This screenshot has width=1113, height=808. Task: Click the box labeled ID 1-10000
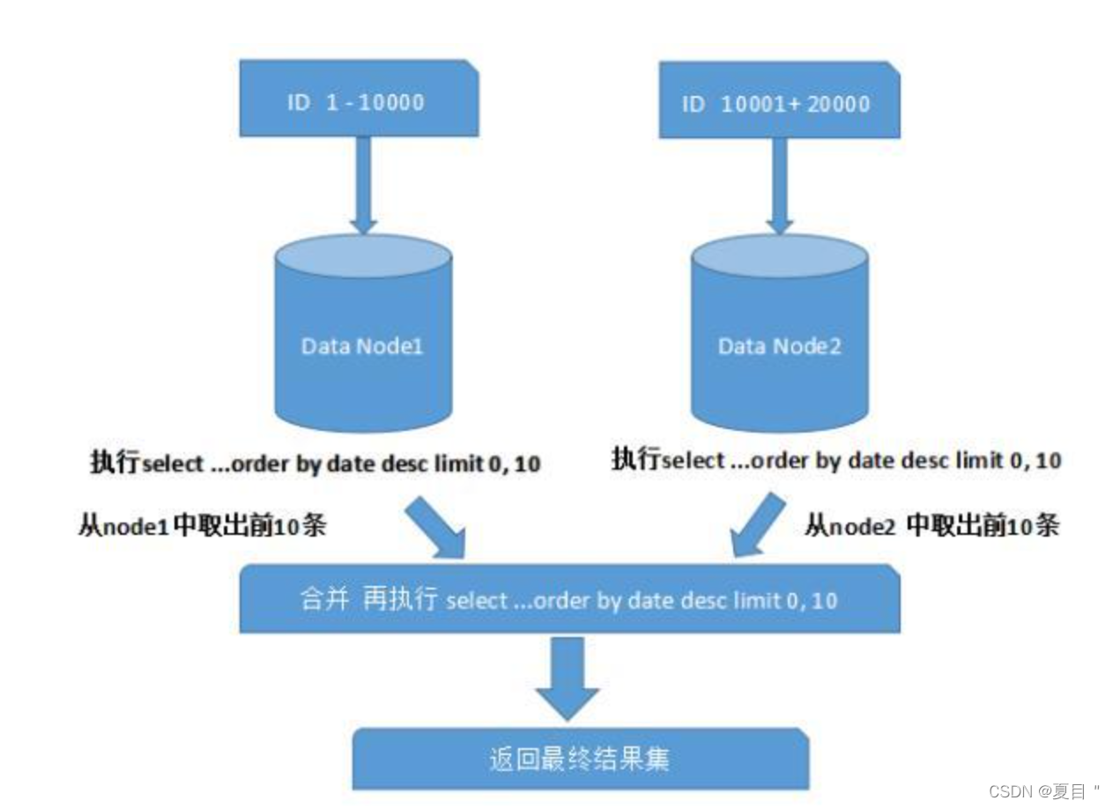(359, 100)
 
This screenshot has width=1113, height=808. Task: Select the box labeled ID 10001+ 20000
(778, 102)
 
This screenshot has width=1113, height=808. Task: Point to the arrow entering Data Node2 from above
(778, 185)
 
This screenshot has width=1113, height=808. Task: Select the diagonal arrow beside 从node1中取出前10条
(435, 527)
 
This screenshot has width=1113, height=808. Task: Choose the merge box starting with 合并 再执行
(569, 600)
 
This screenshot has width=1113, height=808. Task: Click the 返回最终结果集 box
(580, 758)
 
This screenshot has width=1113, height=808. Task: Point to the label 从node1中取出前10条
(203, 526)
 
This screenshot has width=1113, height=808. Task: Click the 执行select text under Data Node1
(315, 463)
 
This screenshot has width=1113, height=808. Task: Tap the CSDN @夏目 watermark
(1044, 790)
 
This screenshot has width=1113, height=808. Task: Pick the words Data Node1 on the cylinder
(362, 346)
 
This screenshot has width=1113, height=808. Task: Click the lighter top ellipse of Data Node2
(779, 256)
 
